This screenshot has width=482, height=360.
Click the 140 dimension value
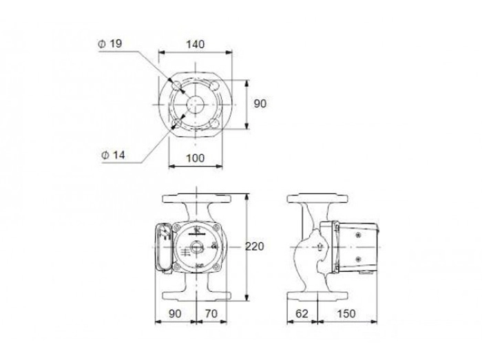195,45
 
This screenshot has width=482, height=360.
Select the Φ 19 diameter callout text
110,43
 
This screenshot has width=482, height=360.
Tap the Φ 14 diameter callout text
113,155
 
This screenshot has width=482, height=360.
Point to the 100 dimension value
195,158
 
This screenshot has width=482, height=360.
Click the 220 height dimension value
255,246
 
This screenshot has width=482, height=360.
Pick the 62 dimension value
302,314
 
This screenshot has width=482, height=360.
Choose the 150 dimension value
346,314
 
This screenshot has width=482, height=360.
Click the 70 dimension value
211,314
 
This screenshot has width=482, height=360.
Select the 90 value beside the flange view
260,104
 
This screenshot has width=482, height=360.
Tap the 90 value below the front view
175,314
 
